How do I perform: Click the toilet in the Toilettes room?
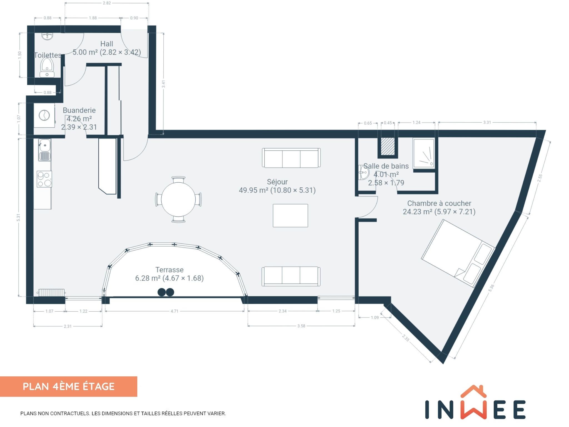[x=47, y=68]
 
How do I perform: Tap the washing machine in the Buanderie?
[x=44, y=115]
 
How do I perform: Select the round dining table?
[x=178, y=199]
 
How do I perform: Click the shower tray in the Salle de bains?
[x=424, y=153]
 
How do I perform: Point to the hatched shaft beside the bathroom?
[x=388, y=146]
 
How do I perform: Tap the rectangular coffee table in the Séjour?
[x=290, y=215]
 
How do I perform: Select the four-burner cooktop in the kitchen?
[x=44, y=179]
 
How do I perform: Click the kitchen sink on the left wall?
[x=44, y=150]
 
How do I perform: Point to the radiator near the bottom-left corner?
[x=51, y=293]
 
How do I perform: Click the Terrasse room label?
[x=169, y=270]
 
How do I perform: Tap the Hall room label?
[x=107, y=44]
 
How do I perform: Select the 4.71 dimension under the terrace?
[x=174, y=311]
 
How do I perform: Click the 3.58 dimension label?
[x=301, y=326]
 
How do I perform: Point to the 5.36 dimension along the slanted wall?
[x=491, y=288]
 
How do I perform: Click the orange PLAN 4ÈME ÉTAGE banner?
[x=69, y=386]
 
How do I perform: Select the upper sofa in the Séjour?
[x=291, y=158]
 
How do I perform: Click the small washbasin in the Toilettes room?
[x=47, y=36]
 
